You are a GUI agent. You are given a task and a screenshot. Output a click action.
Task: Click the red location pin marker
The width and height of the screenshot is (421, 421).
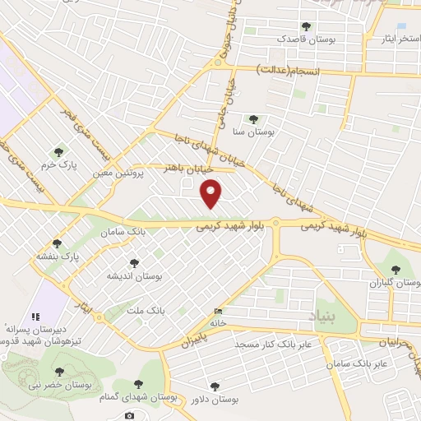(x=212, y=193)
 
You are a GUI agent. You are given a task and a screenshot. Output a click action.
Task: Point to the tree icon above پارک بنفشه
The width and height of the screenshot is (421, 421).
(x=57, y=243)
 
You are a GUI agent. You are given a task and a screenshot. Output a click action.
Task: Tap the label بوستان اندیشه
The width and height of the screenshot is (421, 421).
(x=134, y=276)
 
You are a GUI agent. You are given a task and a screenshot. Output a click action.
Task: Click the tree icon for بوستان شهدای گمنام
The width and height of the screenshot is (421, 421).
(x=138, y=383)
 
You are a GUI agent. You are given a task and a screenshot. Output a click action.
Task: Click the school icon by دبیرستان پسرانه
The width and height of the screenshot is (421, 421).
(x=35, y=317)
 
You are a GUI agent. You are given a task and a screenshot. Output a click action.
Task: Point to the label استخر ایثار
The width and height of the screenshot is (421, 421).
(x=388, y=38)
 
